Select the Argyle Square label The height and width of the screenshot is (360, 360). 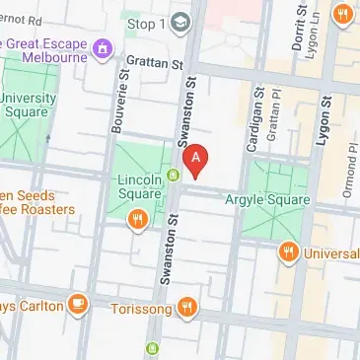tap(267, 201)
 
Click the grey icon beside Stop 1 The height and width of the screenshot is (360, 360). tap(181, 21)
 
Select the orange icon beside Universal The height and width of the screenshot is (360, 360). tap(288, 252)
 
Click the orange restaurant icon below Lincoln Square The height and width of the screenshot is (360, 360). tap(138, 220)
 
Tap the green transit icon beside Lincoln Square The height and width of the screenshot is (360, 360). tap(173, 177)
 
